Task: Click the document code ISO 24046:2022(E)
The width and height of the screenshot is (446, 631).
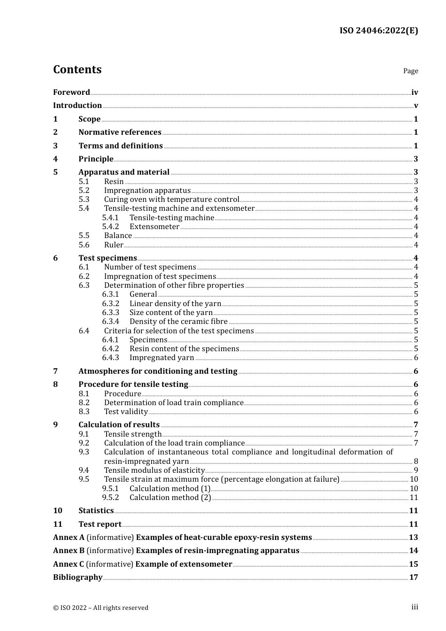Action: (x=378, y=31)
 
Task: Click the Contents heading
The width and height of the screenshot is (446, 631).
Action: (x=77, y=69)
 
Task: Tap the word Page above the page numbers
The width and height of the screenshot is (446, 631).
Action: (x=410, y=71)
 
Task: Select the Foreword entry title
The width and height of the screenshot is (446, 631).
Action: (x=71, y=92)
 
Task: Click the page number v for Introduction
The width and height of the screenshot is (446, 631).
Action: (x=415, y=106)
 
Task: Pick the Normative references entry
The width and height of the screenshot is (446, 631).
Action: (x=120, y=132)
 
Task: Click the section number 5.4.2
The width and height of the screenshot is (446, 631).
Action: (x=110, y=227)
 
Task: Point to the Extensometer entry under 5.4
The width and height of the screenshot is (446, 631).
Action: (x=154, y=227)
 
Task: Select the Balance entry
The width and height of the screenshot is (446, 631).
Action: (x=118, y=236)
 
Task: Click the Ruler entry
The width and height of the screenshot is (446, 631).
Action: (x=114, y=245)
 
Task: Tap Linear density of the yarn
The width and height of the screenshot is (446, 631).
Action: (x=175, y=304)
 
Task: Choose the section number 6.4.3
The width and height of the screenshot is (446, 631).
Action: (x=110, y=358)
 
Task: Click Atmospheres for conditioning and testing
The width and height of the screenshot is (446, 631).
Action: (x=158, y=371)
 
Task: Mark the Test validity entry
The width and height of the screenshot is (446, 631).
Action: (x=126, y=412)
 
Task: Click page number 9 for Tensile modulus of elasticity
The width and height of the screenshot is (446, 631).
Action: (x=416, y=470)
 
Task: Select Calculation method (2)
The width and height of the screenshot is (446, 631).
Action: (x=170, y=498)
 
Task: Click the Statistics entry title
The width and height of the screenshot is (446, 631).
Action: (x=96, y=511)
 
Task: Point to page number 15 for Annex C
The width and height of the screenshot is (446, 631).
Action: (x=413, y=564)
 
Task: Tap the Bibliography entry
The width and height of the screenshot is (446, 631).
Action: (x=77, y=577)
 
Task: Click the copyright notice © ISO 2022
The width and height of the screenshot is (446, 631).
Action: (x=100, y=608)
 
